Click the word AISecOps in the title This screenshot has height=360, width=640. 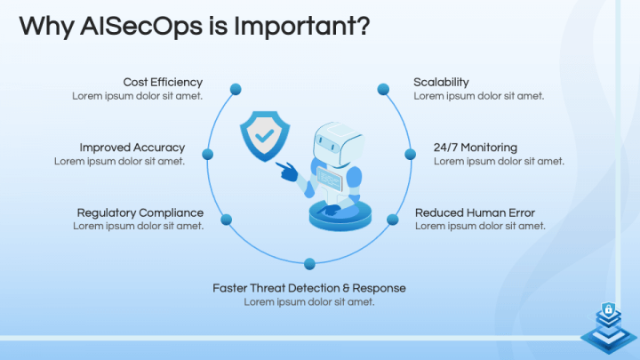click(141, 26)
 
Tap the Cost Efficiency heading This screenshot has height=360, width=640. click(163, 83)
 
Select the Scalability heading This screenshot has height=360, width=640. click(441, 83)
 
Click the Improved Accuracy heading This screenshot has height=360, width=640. click(132, 148)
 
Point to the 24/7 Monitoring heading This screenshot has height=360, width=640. click(476, 148)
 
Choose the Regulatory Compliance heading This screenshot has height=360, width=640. click(140, 212)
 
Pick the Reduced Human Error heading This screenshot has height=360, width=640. click(475, 212)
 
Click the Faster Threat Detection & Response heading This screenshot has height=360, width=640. click(309, 288)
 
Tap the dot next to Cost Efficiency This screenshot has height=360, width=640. click(236, 89)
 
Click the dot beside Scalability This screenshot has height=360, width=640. click(383, 89)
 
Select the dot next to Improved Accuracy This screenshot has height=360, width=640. click(208, 155)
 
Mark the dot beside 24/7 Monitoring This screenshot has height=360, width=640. click(410, 155)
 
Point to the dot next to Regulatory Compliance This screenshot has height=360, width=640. click(227, 220)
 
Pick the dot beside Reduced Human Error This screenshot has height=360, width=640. click(392, 220)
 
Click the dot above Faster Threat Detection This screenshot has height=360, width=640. click(309, 264)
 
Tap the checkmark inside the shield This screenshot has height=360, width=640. click(265, 135)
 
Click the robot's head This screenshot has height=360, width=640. click(338, 144)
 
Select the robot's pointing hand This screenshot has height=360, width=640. click(287, 172)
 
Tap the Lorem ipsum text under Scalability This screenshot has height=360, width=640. click(479, 96)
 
